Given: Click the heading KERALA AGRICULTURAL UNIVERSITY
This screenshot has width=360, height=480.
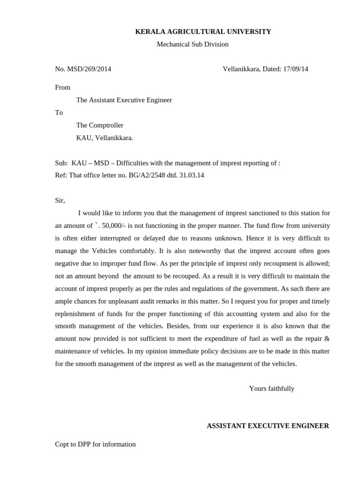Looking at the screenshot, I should (203, 32).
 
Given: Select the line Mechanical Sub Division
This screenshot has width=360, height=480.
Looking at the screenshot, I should (193, 45).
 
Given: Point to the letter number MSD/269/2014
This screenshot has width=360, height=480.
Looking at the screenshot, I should (89, 69).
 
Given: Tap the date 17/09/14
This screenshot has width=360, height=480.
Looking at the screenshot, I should (295, 69).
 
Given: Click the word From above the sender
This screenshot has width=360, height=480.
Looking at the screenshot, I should (63, 88).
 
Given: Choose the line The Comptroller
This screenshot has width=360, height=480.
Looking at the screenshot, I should (100, 126).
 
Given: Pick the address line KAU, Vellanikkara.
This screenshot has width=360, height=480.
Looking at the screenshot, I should (105, 138).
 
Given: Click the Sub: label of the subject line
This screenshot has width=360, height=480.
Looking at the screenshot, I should (61, 163).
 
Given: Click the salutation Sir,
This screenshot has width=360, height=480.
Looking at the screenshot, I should (60, 201).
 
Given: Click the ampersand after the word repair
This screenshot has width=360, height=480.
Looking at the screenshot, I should (327, 339).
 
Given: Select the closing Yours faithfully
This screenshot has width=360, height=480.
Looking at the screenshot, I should (272, 389).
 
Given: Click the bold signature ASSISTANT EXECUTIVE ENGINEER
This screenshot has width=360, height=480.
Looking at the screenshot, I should (268, 426).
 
